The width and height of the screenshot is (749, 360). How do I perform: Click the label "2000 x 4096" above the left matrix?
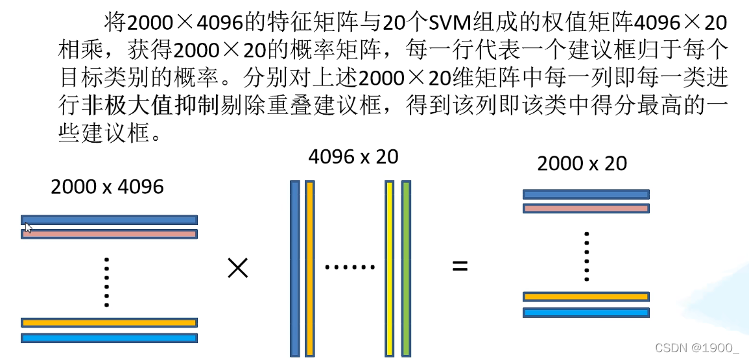point(107,187)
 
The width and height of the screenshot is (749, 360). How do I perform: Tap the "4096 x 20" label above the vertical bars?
point(353,156)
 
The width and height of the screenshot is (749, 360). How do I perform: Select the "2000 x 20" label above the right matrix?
point(582,163)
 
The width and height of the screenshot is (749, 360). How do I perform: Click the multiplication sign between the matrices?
point(238,267)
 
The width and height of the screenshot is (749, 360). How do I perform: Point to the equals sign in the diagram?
point(460,266)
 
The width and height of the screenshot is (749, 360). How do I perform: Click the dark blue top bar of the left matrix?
point(109,220)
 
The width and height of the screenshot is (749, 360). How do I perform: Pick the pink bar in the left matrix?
point(109,234)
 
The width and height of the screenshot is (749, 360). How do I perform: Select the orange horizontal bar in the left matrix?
point(109,322)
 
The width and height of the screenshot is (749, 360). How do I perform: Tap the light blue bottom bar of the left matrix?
point(109,337)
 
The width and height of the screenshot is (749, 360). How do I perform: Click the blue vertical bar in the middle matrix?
point(295,269)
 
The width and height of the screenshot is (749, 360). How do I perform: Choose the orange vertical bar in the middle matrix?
point(309,269)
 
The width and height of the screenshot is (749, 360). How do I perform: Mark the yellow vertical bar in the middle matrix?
point(390,269)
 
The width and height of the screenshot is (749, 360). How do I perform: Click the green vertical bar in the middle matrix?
point(406,269)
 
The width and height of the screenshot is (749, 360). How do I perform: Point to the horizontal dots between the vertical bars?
point(350,267)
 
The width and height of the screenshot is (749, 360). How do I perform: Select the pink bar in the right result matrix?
point(586,208)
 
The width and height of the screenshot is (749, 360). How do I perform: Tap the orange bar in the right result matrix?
point(586,297)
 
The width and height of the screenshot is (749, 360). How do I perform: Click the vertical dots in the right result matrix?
point(586,256)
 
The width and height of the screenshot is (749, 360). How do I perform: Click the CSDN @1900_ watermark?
point(696,348)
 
